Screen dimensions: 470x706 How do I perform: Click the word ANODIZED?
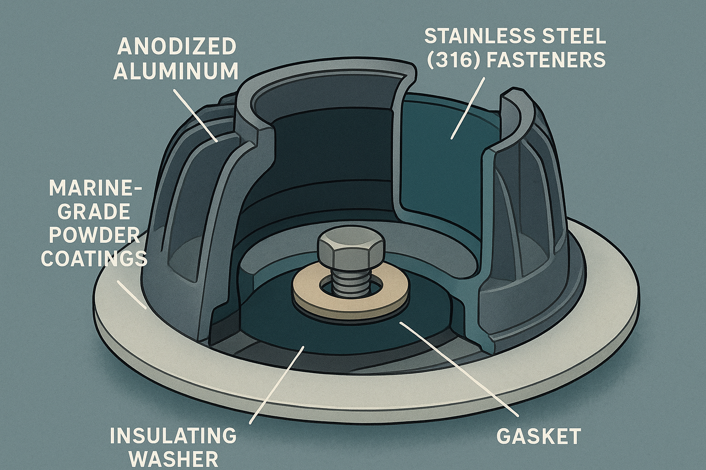177,47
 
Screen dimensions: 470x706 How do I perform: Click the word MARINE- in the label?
96,188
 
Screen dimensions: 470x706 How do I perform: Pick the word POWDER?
94,235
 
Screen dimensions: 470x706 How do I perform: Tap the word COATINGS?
94,259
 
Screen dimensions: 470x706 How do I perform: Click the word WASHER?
173,459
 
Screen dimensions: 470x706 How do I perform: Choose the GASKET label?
539,436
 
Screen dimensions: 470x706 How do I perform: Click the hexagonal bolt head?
350,250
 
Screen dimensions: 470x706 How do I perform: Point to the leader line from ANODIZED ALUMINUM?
196,115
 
